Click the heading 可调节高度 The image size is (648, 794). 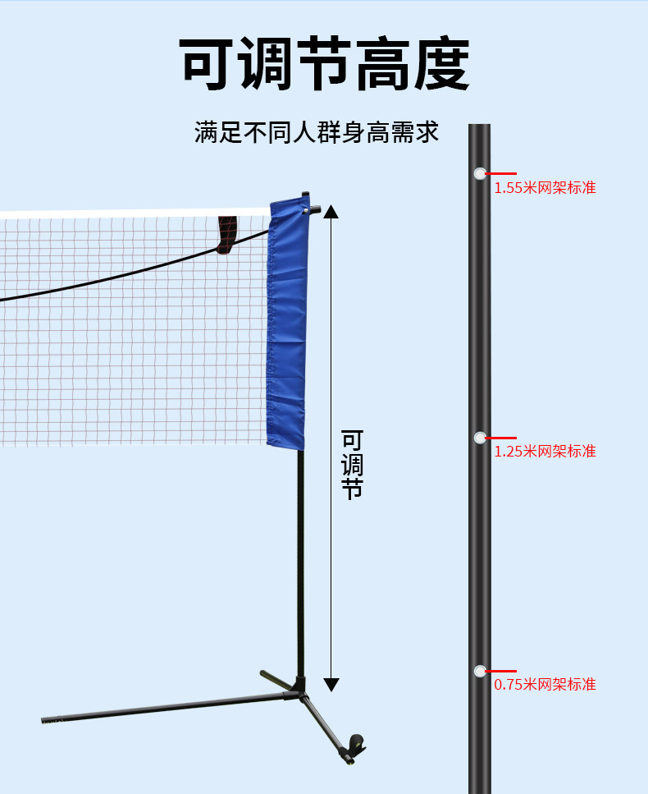[324, 64]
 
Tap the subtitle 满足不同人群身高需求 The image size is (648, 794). [317, 132]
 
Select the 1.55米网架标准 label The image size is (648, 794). [545, 188]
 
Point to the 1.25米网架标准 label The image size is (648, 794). [545, 452]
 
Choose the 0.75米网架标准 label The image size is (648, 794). [545, 685]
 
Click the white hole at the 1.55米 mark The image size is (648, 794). [480, 173]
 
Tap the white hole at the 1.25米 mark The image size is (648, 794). [480, 438]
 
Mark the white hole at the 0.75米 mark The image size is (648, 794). [480, 671]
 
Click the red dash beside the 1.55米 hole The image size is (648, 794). [501, 174]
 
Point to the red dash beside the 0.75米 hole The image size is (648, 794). [501, 671]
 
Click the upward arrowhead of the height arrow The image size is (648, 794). [331, 212]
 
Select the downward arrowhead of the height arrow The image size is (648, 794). [331, 684]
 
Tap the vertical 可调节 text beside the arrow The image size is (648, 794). [352, 465]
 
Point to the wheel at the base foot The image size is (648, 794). [356, 744]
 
